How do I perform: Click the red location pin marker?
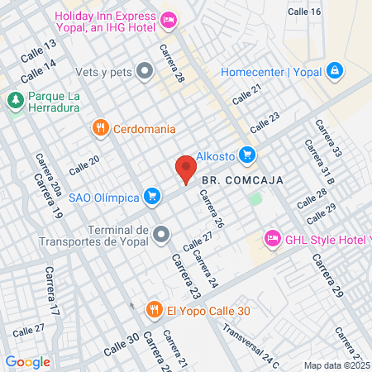click(x=186, y=169)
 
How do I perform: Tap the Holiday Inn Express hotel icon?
click(x=169, y=19)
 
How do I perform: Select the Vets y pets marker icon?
click(x=145, y=71)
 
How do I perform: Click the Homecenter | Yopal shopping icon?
click(x=335, y=71)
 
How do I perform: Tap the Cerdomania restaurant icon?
click(x=100, y=127)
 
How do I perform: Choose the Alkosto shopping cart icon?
click(x=246, y=154)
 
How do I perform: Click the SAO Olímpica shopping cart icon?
click(x=151, y=196)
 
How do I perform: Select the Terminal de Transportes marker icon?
click(x=160, y=234)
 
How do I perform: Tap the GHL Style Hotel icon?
click(x=272, y=239)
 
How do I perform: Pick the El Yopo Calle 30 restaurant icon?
click(x=154, y=310)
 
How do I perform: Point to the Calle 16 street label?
click(x=304, y=11)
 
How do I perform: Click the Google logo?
click(x=27, y=361)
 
